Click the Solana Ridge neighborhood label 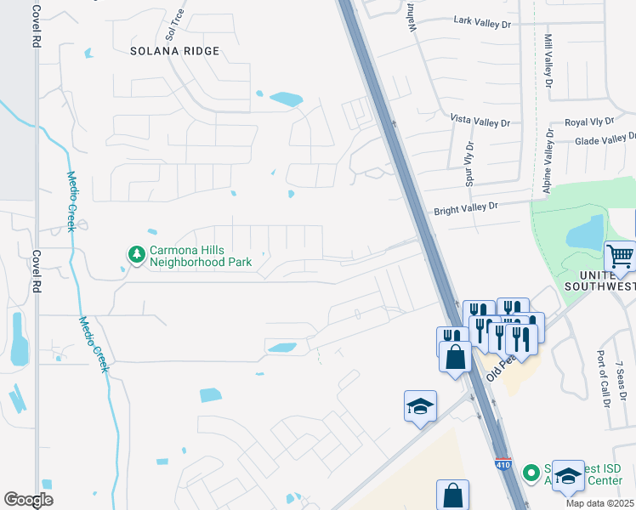pos(174,51)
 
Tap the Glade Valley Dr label pos(605,139)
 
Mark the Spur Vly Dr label pos(468,164)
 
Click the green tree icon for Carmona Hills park pos(135,253)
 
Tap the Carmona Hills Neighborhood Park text pos(201,257)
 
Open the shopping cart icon pos(620,256)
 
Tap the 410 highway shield pos(502,463)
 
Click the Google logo pos(28,500)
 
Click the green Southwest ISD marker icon pos(531,470)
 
